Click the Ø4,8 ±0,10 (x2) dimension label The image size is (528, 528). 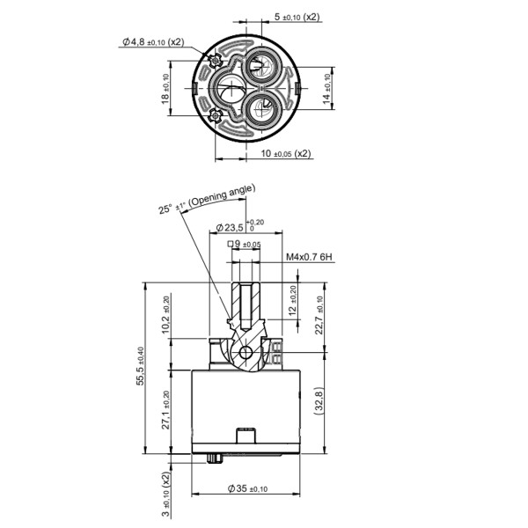[x=154, y=41]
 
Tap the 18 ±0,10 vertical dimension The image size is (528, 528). [x=168, y=88]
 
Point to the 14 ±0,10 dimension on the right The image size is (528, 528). [x=329, y=88]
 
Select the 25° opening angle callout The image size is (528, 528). [x=206, y=199]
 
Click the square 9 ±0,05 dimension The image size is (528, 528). [x=245, y=244]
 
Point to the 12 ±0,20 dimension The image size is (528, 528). [x=294, y=302]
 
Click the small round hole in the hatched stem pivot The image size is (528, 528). [x=247, y=355]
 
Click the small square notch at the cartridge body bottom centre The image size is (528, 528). [x=246, y=435]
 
